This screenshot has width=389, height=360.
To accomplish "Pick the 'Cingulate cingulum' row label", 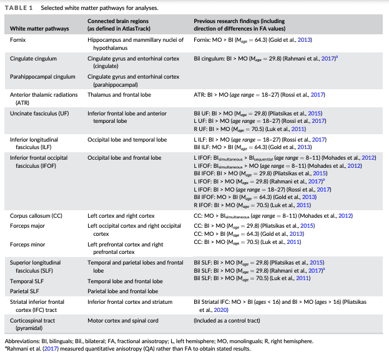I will coord(33,58).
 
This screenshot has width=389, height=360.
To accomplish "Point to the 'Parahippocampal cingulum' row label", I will coord(41,76).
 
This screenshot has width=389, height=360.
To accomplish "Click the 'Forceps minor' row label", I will coord(27,244).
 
